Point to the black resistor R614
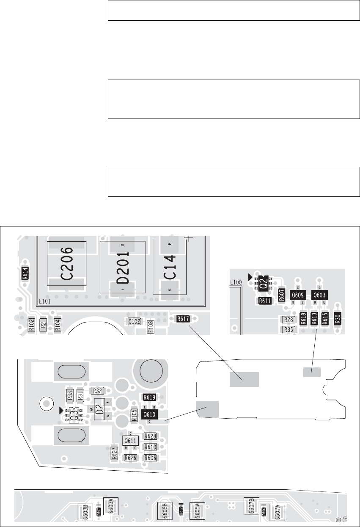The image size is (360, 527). [x=25, y=276]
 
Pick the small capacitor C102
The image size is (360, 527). [x=134, y=322]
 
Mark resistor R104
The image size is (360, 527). [x=57, y=325]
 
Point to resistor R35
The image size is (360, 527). [x=289, y=329]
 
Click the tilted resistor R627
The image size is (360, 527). [x=114, y=453]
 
